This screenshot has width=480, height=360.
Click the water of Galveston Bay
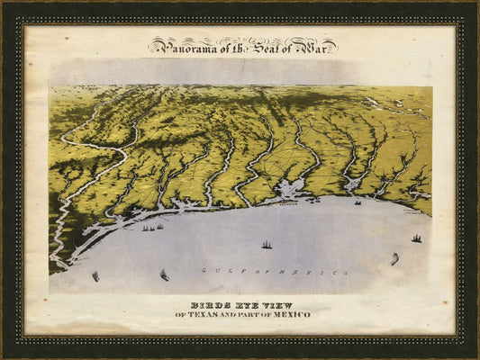[x=290, y=190]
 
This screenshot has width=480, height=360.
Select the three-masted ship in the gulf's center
[x=266, y=244]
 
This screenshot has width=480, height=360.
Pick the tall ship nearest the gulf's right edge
[x=416, y=238]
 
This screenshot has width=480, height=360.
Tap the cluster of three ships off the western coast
[x=151, y=228]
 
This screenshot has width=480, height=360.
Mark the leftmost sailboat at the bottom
[x=95, y=275]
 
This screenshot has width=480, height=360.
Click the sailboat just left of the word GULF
[x=164, y=274]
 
